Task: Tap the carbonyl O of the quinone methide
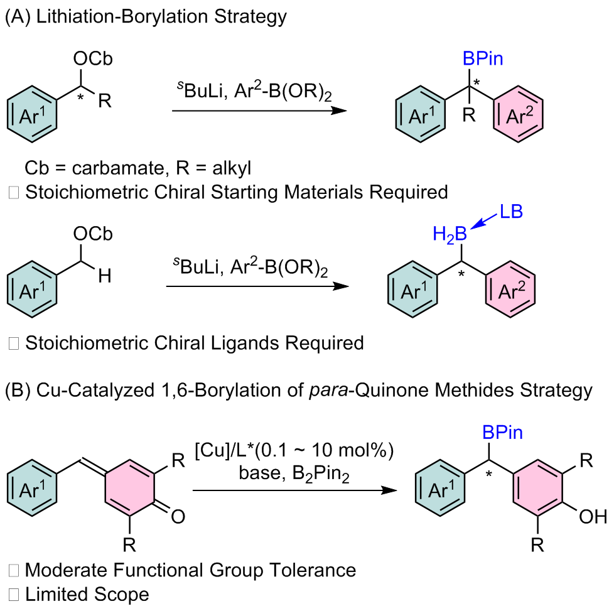178,517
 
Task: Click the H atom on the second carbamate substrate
105,276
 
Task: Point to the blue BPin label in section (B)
503,433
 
